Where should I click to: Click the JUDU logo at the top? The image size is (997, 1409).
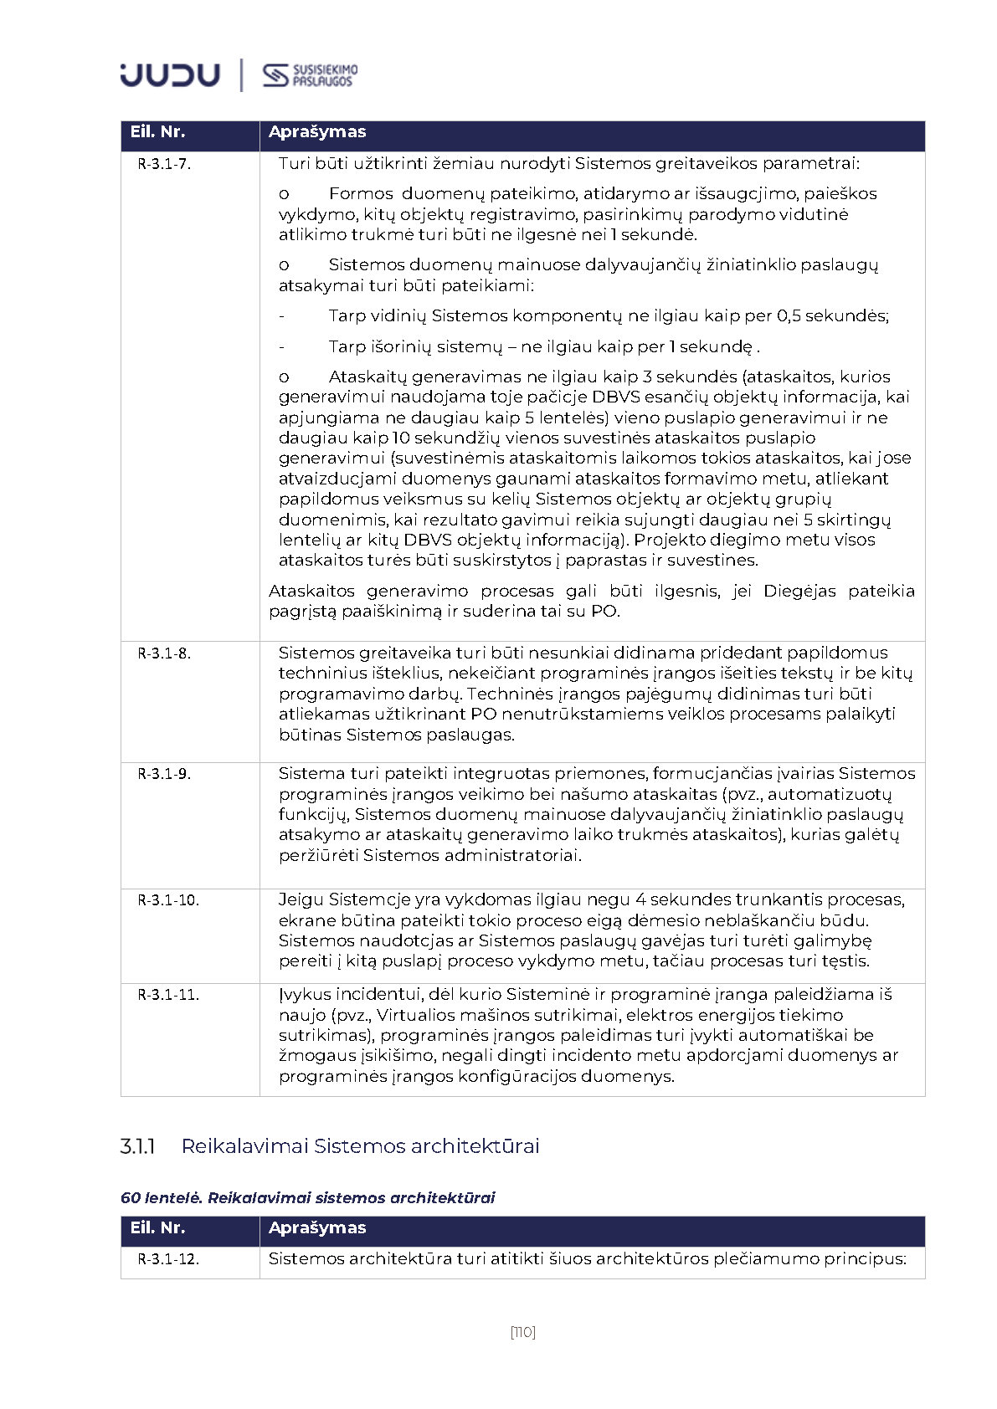click(x=170, y=74)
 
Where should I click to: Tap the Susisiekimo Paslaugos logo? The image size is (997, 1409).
click(x=310, y=75)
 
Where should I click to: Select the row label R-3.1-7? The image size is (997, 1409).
click(x=164, y=165)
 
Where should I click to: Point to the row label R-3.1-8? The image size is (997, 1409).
click(x=164, y=653)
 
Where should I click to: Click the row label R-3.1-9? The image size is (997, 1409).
click(x=164, y=774)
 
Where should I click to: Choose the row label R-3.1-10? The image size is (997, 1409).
click(x=168, y=900)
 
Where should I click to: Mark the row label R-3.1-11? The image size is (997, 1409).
click(x=168, y=995)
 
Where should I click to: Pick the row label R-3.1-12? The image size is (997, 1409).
click(x=168, y=1259)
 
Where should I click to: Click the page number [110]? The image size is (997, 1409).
click(x=522, y=1332)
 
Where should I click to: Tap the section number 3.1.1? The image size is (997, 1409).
click(x=138, y=1146)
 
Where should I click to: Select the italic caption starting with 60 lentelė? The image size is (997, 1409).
click(x=307, y=1198)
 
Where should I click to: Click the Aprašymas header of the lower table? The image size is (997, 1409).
click(x=317, y=1228)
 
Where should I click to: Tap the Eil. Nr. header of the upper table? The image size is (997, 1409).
click(x=157, y=132)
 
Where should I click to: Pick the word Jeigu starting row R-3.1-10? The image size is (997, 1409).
click(x=301, y=900)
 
